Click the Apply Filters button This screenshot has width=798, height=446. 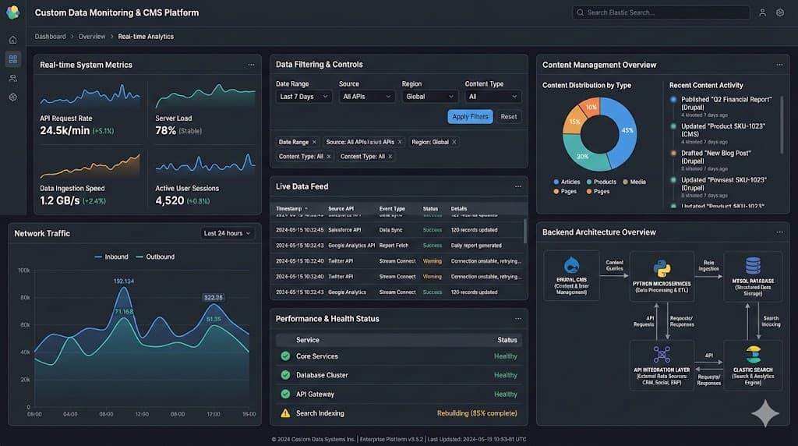tap(470, 117)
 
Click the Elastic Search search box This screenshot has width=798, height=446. tap(661, 12)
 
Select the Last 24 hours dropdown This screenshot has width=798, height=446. tap(228, 233)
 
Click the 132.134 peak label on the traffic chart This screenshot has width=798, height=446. tap(124, 281)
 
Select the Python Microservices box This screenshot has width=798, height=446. tap(662, 276)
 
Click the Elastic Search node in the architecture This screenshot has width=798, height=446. tap(752, 365)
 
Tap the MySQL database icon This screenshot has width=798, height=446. tap(753, 266)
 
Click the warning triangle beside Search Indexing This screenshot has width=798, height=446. tap(285, 413)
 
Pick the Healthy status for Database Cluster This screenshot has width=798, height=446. tap(505, 375)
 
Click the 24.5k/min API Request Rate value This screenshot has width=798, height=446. tap(65, 130)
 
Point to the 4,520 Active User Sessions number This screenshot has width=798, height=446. tap(170, 200)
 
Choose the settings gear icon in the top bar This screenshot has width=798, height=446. tap(780, 12)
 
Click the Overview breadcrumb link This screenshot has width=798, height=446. tap(92, 37)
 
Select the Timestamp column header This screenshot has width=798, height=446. tap(289, 209)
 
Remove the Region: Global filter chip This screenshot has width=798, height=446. tap(454, 142)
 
